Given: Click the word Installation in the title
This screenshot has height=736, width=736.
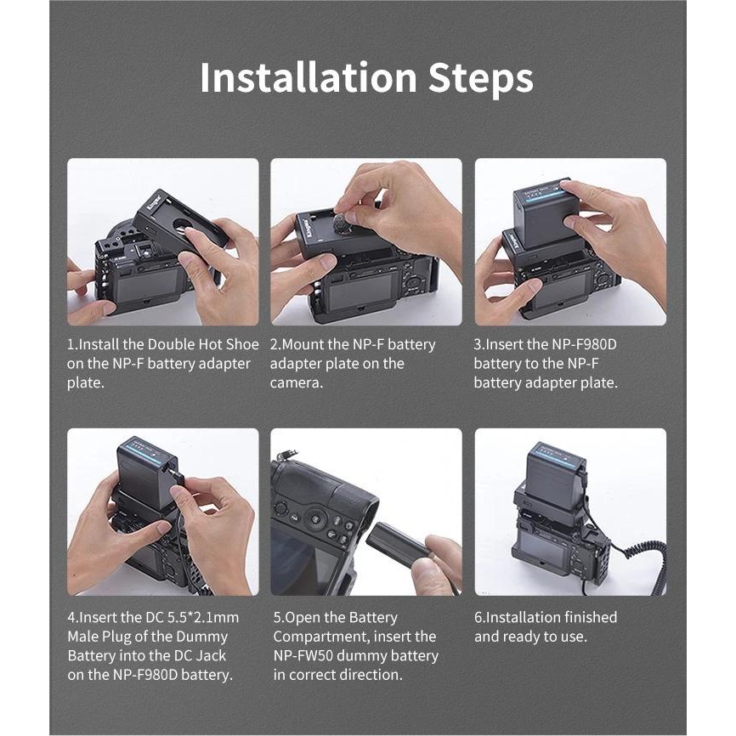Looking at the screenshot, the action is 309,77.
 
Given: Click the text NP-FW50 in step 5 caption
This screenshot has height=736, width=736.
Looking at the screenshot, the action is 303,655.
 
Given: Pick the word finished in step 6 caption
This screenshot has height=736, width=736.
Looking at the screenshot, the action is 590,617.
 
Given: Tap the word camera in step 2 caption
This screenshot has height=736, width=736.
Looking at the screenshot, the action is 296,383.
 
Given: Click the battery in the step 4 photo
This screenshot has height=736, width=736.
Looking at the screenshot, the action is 146,473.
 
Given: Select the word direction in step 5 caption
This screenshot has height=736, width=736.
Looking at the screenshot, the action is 371,675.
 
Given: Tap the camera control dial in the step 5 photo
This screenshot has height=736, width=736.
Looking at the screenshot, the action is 315,518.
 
